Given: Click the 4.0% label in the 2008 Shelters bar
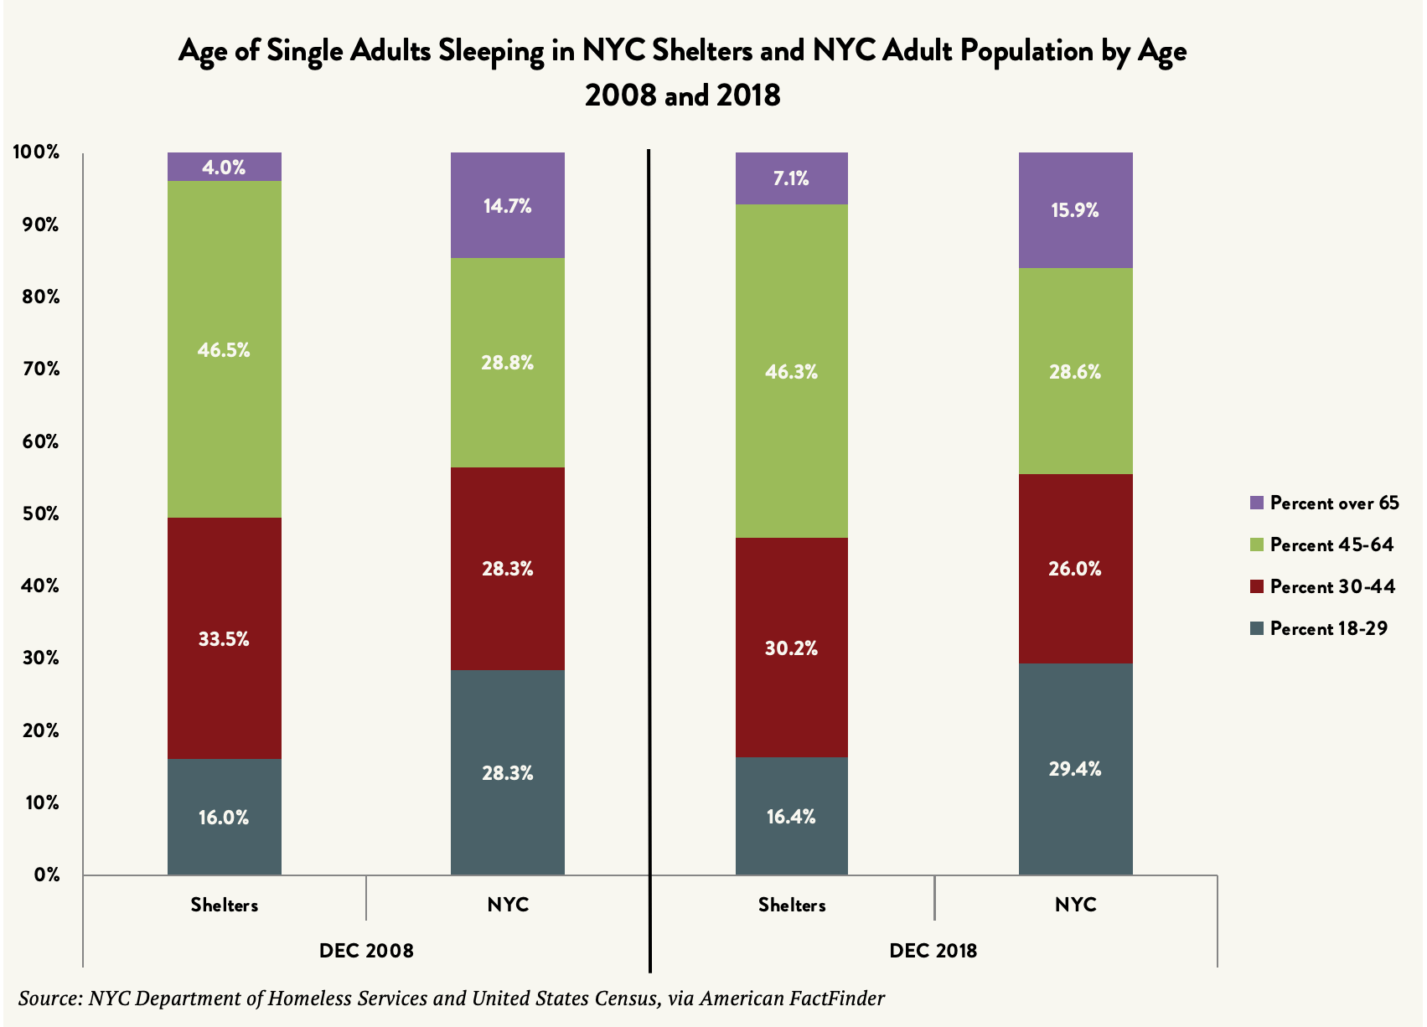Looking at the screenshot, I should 224,168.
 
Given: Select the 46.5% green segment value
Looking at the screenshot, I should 224,350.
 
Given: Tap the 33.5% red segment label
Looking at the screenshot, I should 224,639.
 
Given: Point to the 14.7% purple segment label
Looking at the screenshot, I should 507,206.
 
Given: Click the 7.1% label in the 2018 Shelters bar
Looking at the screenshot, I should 791,178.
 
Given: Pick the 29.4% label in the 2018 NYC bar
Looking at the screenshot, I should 1075,769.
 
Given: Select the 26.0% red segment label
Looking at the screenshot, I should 1075,569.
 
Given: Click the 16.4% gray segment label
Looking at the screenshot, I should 791,817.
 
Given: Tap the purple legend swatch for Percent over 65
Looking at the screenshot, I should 1256,503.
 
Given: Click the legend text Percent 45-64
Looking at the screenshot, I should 1331,545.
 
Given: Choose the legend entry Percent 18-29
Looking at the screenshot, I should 1328,628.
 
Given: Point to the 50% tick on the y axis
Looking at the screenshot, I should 39,513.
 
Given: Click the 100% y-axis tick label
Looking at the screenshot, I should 36,152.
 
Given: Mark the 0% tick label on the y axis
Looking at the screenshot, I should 47,875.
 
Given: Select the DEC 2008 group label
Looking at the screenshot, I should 366,951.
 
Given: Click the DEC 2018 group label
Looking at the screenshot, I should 933,951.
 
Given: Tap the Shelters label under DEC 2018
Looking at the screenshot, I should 792,905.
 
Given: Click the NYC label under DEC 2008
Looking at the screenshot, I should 508,905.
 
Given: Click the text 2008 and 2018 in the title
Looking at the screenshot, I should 682,95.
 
